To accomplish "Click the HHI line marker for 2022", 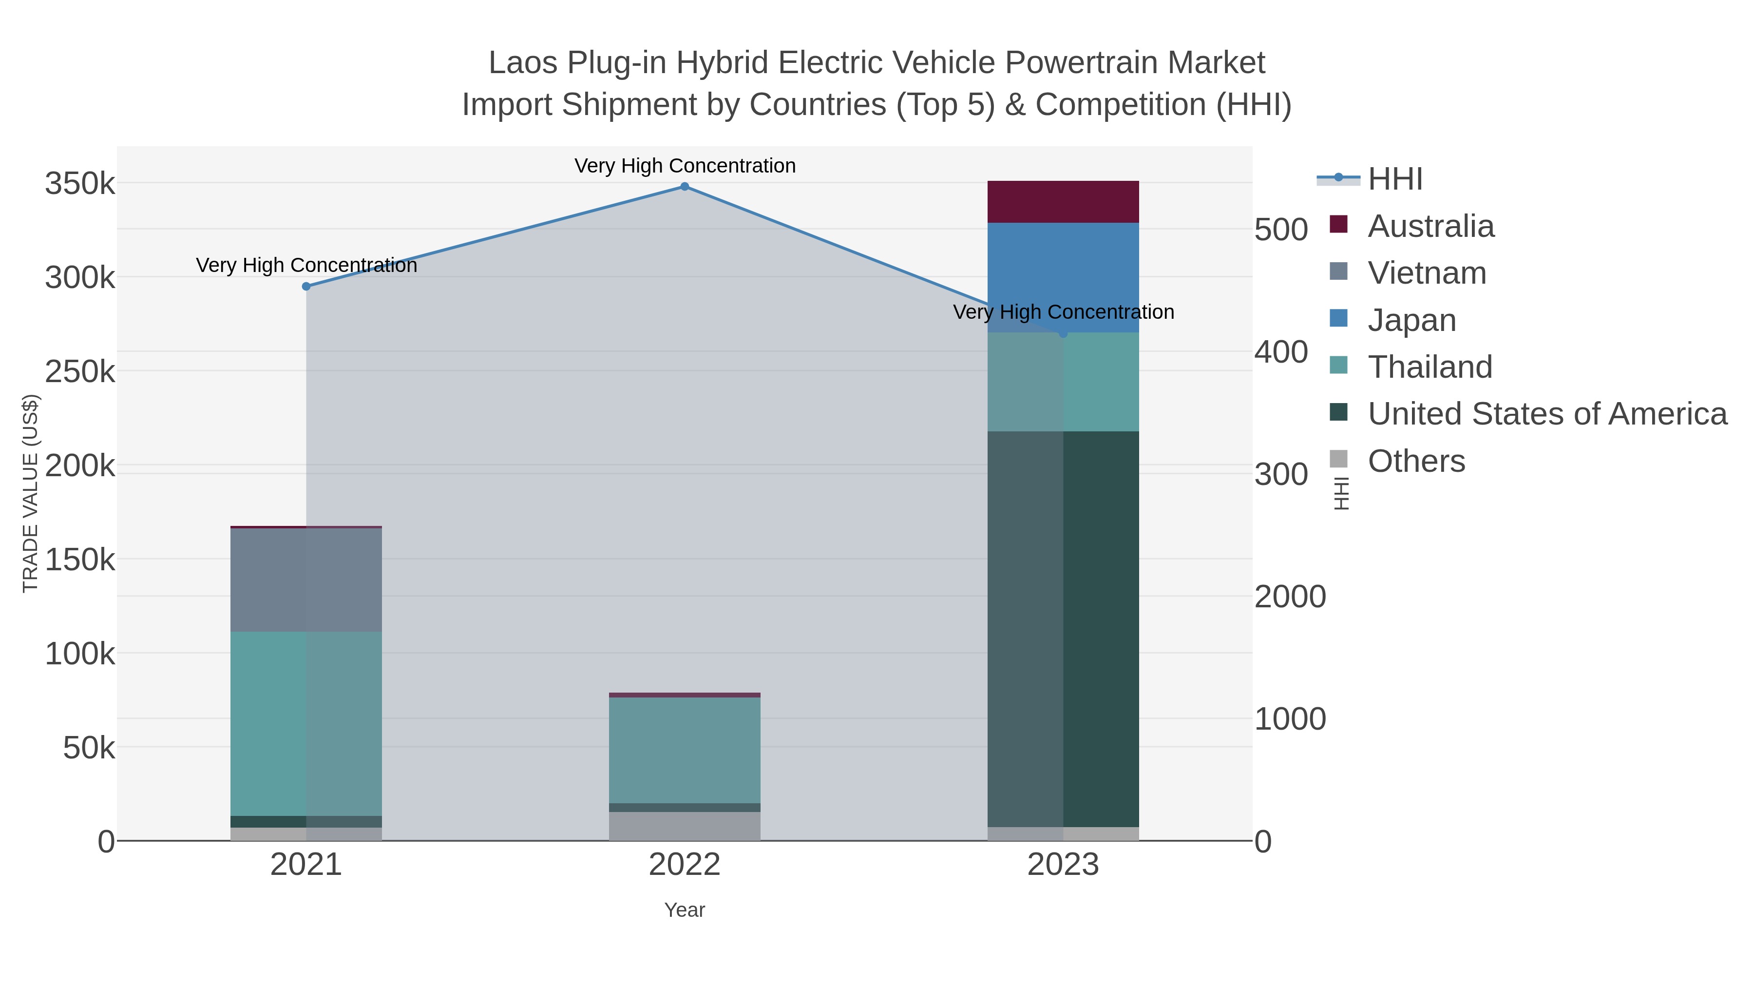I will pos(685,187).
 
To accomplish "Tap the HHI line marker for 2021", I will pos(306,287).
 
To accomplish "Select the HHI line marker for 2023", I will pos(1063,333).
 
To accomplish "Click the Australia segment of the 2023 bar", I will pos(1063,202).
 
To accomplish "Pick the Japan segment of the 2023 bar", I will pos(1063,272).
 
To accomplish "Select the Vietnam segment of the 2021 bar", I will pos(306,580).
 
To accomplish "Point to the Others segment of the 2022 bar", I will pos(685,826).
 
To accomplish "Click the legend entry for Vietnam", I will pos(1427,273).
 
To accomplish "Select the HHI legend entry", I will pos(1394,179).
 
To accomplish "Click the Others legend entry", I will pos(1415,461).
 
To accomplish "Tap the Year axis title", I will pos(685,910).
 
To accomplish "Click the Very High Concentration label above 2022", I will pos(685,166).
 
